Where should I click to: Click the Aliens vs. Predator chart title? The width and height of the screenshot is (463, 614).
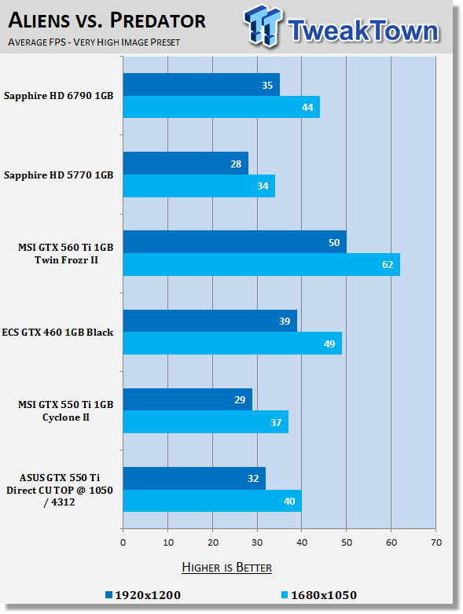pos(106,20)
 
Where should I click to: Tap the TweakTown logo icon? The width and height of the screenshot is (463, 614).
pos(263,26)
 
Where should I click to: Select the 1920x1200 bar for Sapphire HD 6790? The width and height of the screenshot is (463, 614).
pos(201,85)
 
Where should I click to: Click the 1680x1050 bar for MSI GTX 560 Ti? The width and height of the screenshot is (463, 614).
pos(262,265)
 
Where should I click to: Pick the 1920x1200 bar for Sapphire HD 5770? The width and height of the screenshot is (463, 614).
pos(186,164)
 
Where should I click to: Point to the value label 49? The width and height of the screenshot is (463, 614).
pos(329,344)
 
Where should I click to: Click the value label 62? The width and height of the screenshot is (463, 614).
pos(388,265)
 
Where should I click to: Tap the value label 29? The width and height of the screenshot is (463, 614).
pos(240,400)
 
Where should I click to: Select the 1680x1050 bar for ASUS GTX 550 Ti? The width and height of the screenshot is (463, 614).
pos(212,501)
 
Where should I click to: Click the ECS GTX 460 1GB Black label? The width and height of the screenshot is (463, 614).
pos(57,332)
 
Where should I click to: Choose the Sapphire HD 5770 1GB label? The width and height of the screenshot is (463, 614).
pos(59,175)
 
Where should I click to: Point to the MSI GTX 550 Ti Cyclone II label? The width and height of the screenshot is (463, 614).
pos(66,410)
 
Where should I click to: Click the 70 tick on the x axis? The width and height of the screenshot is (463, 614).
pos(436,542)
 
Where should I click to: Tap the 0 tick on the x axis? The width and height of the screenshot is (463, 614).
pos(123,542)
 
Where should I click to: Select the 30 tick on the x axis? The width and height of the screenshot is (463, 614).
pos(257,542)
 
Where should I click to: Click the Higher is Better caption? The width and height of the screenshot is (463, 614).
pos(227,568)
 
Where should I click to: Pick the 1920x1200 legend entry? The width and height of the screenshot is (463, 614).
pos(143,595)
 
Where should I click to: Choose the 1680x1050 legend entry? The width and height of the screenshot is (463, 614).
pos(319,595)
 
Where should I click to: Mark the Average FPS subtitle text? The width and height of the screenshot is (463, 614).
pos(94,42)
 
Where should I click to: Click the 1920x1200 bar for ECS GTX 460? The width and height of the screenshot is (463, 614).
pos(210,321)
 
